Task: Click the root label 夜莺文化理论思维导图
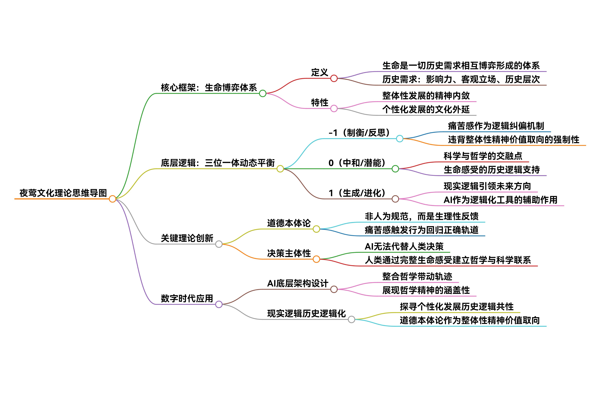(63, 193)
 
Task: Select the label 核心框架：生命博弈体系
(209, 88)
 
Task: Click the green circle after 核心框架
(263, 93)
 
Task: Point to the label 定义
(319, 73)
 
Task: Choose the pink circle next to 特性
(334, 108)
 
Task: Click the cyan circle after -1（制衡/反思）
(400, 139)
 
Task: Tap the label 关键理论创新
(187, 238)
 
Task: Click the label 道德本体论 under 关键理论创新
(289, 223)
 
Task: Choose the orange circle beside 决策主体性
(316, 259)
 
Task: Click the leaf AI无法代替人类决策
(404, 247)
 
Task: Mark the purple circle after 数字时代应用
(219, 304)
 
